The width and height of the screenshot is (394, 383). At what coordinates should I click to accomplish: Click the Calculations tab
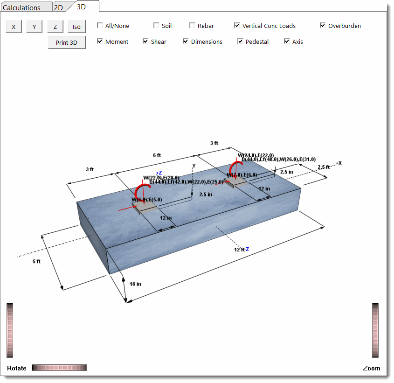point(21,7)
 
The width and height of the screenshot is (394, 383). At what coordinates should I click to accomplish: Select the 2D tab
point(59,7)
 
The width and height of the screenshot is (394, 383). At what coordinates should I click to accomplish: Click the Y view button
point(34,27)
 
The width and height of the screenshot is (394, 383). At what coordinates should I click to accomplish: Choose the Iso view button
point(76,27)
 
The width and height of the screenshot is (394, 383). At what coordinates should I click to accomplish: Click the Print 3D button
point(67,42)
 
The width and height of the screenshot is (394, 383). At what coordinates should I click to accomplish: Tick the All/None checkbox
point(100,26)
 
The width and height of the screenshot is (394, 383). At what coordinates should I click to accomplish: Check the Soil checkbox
point(156,26)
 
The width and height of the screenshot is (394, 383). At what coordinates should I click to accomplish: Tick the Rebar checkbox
point(192,26)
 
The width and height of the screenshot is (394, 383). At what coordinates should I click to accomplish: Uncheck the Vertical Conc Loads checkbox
point(237,26)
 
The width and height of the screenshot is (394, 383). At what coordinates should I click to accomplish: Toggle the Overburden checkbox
point(323,26)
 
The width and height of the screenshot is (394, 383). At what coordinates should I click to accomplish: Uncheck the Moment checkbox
point(100,42)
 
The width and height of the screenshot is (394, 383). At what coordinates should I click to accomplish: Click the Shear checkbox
point(145,42)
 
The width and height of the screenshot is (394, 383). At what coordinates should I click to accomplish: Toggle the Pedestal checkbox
point(240,42)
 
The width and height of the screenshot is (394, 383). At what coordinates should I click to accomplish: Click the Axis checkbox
point(287,42)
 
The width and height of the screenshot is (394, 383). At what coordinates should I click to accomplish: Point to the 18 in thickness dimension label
point(136,284)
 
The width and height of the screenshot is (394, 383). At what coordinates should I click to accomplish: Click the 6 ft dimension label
point(157,155)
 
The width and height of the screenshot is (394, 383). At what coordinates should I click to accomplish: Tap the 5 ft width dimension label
point(36,262)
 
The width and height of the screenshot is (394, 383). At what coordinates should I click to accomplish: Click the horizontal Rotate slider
point(59,368)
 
